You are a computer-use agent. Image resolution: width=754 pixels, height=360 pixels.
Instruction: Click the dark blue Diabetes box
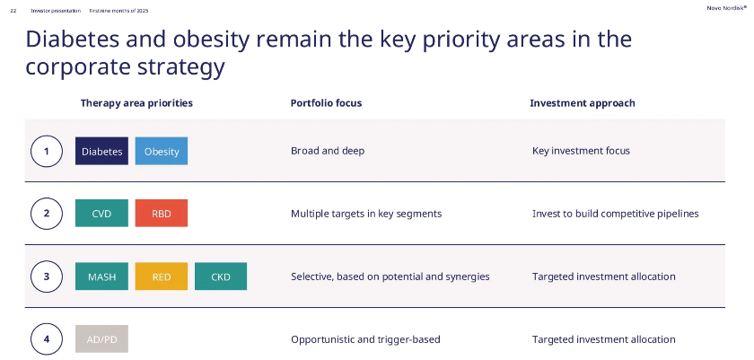(102, 151)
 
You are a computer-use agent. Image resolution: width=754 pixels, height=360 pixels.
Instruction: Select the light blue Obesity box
(162, 151)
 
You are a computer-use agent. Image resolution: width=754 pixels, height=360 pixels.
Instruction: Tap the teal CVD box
(102, 214)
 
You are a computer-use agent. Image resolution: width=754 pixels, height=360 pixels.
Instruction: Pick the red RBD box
(162, 214)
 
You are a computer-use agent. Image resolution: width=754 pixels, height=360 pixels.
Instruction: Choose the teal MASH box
(102, 277)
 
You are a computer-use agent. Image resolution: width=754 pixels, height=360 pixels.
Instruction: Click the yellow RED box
(162, 277)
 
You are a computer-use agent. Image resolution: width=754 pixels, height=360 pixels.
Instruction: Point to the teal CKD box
(221, 277)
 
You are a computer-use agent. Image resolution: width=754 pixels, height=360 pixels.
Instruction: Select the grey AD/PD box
(102, 338)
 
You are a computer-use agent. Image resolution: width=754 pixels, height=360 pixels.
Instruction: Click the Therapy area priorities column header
(136, 103)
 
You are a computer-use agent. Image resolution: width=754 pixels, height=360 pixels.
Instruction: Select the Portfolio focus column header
(326, 103)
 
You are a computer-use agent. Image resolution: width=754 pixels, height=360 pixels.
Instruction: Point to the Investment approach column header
(583, 103)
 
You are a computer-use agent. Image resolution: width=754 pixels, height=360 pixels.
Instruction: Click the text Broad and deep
(328, 151)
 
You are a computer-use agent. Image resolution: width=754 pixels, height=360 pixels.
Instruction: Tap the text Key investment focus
(581, 151)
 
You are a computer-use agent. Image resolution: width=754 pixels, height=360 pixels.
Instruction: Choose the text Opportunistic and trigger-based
(365, 339)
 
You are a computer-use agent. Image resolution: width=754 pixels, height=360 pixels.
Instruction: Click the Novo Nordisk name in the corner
(726, 8)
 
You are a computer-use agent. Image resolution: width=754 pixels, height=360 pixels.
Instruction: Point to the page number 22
(13, 11)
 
